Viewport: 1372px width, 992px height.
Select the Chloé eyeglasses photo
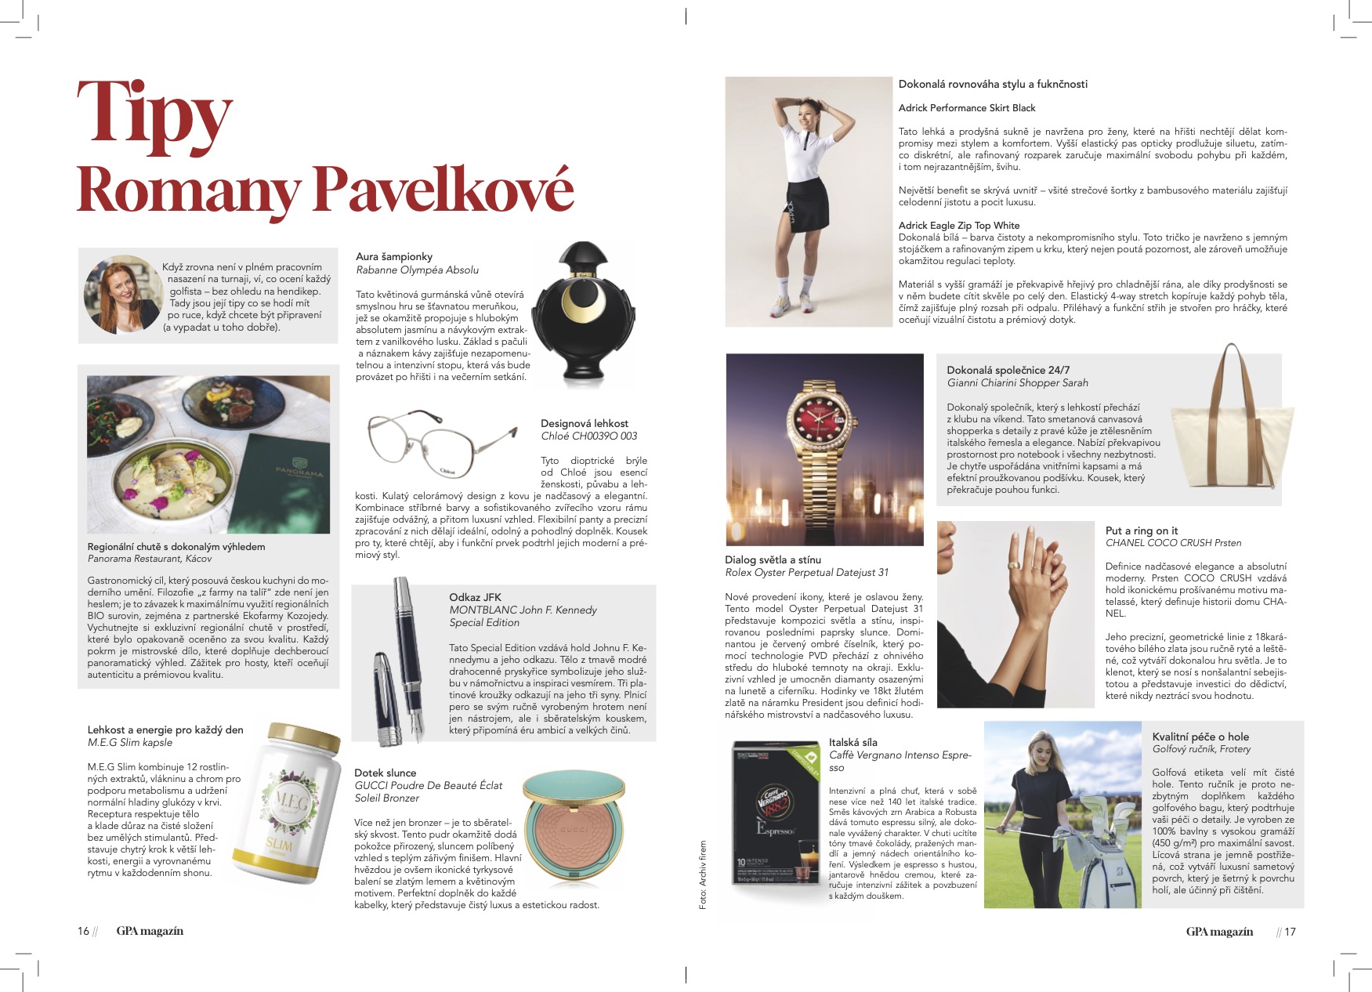click(440, 444)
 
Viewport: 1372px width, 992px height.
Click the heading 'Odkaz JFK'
click(475, 597)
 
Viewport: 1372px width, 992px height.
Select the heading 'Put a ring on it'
click(1141, 530)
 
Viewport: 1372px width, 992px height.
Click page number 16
click(83, 931)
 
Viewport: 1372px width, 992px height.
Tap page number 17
click(1290, 932)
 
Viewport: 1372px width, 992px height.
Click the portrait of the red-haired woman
click(121, 295)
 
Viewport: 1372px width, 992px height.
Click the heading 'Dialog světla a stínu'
click(773, 559)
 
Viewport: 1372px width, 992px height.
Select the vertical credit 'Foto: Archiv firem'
click(703, 875)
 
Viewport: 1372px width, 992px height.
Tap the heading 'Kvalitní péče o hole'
click(1200, 737)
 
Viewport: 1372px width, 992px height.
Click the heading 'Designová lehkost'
click(584, 423)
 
